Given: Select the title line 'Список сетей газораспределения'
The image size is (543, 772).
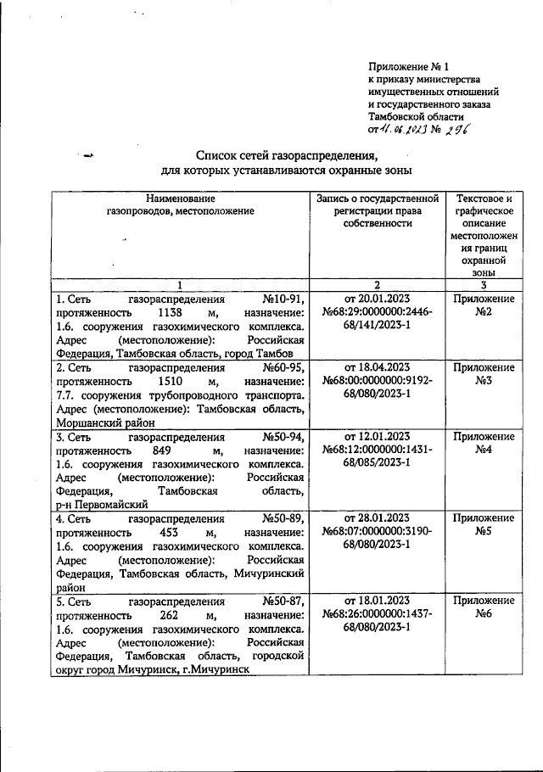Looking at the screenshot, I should [x=285, y=155].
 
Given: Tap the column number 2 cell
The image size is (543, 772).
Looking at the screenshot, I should [x=378, y=284].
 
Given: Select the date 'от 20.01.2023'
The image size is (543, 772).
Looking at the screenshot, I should [x=378, y=299].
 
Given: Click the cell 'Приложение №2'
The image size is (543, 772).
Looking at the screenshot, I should [x=484, y=306].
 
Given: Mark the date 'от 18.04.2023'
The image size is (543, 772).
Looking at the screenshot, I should [x=378, y=367].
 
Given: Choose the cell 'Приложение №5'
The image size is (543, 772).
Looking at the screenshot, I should [x=484, y=525].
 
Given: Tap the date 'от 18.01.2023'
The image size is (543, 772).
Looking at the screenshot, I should [x=378, y=600].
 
